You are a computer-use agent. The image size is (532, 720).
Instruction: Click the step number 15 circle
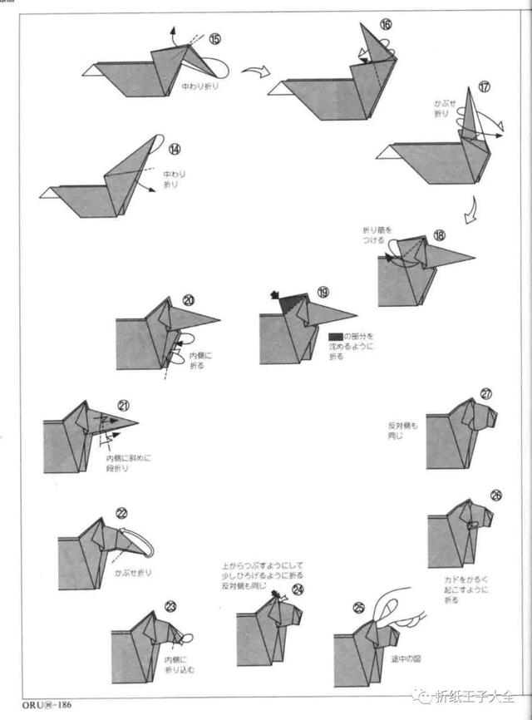(x=214, y=39)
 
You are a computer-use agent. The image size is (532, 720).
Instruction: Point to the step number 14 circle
(x=174, y=150)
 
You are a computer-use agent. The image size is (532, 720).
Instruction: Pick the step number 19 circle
(x=323, y=293)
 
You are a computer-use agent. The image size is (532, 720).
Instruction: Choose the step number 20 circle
(x=189, y=300)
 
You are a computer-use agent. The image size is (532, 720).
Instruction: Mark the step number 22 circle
(x=121, y=512)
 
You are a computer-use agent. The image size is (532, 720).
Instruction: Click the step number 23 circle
(x=171, y=606)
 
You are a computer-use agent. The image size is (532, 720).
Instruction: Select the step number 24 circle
(x=298, y=589)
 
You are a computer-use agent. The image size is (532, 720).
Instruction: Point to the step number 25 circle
(x=359, y=607)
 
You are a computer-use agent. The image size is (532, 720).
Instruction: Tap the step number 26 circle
(x=496, y=496)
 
